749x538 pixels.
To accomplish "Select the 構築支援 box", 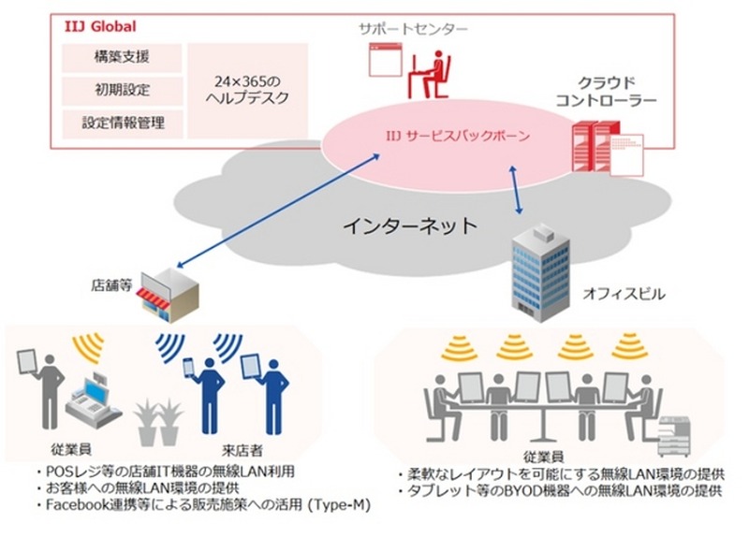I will pos(121,58).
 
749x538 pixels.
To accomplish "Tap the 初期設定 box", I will pos(121,91).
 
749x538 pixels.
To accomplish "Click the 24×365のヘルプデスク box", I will pos(246,90).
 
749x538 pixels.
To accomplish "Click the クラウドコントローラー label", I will pos(606,91).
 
